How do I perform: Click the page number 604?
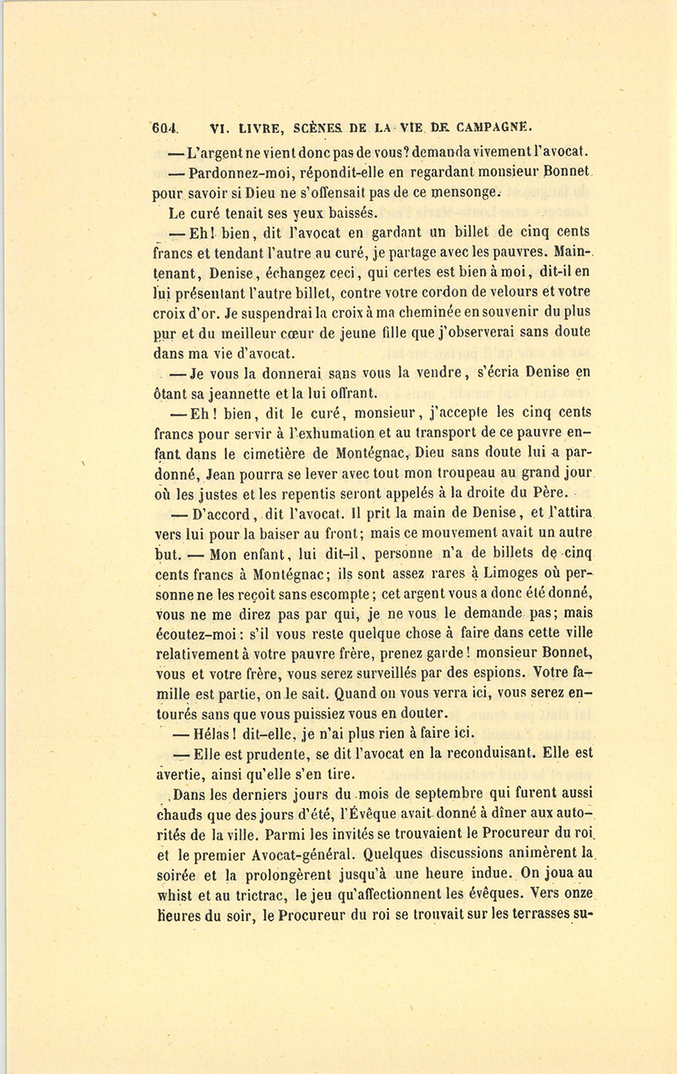click(x=163, y=129)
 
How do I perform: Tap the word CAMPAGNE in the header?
click(x=487, y=129)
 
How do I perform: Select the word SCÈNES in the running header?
click(x=319, y=129)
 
